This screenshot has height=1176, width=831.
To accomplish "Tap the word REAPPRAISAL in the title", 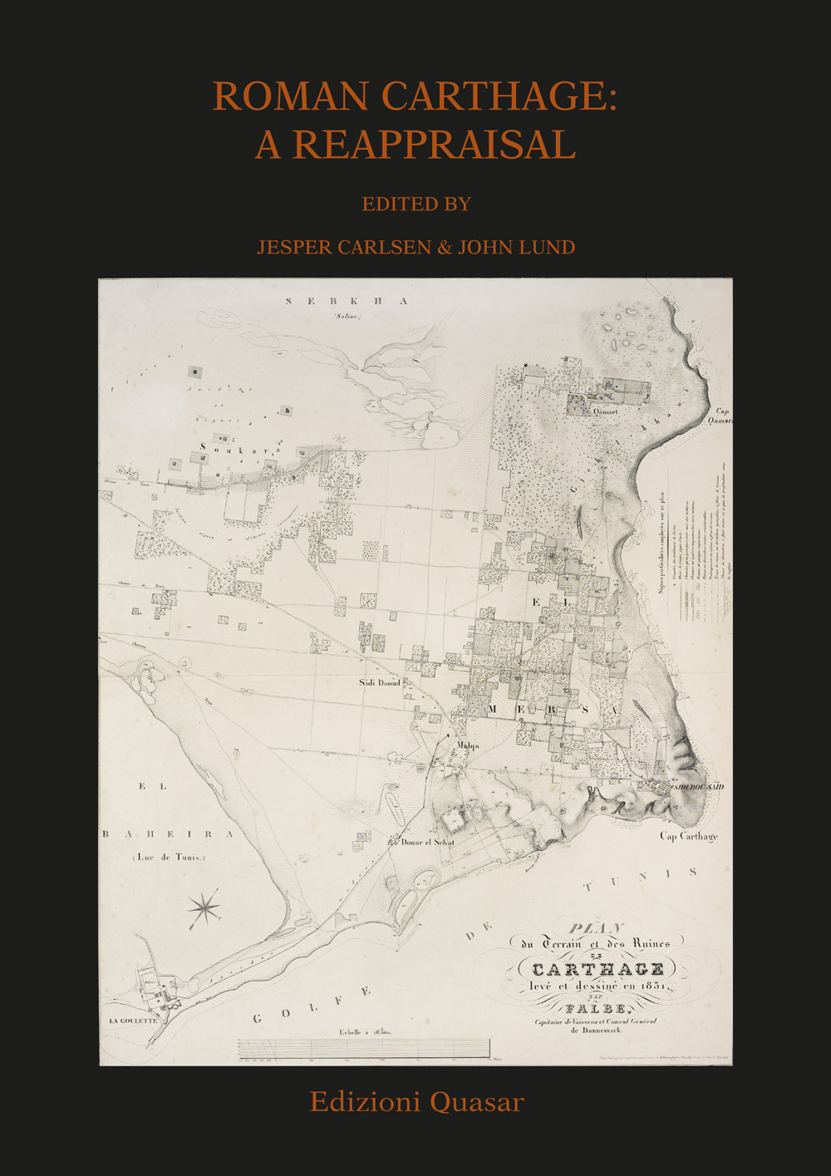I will click(x=435, y=145).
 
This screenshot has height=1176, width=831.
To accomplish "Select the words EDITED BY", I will click(x=416, y=204).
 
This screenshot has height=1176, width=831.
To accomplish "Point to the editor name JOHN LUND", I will click(x=516, y=247).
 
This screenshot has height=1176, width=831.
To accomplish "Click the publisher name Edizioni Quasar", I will click(x=416, y=1102).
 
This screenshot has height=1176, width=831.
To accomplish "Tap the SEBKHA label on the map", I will click(x=347, y=301).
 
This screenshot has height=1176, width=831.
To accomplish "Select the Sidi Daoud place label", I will click(x=379, y=682).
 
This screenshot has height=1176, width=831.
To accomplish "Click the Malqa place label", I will click(x=468, y=745).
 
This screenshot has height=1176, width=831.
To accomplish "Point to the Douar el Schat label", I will click(x=427, y=842).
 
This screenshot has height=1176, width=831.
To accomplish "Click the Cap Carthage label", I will click(x=688, y=836).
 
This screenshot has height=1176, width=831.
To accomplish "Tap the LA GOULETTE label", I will click(x=133, y=1021).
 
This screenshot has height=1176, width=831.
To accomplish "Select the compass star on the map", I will click(x=204, y=908).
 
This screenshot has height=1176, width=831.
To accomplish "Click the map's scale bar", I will click(x=363, y=1049).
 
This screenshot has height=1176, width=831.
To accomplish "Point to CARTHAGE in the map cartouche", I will click(x=597, y=969).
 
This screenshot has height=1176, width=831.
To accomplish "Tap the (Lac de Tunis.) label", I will click(x=169, y=857).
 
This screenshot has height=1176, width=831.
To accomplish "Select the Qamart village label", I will click(x=605, y=411).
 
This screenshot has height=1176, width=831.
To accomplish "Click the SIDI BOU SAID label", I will click(x=698, y=786).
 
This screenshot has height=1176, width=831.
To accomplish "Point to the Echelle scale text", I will click(x=365, y=1032).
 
